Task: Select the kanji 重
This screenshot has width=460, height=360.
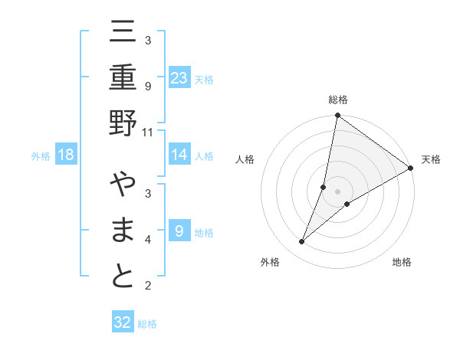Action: point(123,80)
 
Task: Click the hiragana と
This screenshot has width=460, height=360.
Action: point(123,276)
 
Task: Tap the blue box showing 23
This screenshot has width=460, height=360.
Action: point(179,77)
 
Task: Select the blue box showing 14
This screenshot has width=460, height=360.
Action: point(179,155)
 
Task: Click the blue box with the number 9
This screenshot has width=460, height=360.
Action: point(179,231)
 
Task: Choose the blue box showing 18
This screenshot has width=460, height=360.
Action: point(66,155)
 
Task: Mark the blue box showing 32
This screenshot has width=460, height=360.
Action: point(123,322)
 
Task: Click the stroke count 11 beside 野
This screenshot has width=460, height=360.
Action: point(147,131)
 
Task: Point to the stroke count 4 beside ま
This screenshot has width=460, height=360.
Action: point(147,240)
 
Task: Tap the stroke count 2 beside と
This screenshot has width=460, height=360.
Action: point(147,286)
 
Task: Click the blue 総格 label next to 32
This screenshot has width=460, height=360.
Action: point(148,324)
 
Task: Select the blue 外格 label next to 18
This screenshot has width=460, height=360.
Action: point(41,156)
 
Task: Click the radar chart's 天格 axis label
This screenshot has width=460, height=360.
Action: point(431,159)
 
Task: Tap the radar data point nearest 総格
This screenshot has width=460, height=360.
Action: point(337,116)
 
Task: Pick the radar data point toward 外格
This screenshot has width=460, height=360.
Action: point(302,242)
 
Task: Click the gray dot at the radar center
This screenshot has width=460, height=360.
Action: point(337,191)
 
